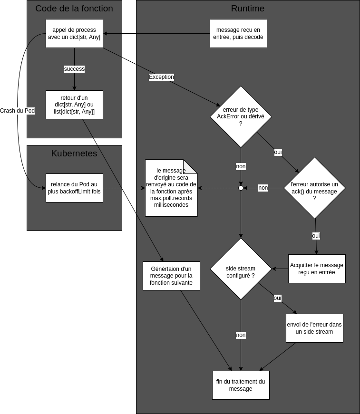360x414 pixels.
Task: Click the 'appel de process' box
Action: click(74, 34)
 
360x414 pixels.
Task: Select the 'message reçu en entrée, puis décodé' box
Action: click(239, 34)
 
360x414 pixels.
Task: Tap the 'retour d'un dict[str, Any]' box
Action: click(74, 105)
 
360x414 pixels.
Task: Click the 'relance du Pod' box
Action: click(74, 188)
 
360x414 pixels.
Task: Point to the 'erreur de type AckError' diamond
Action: click(241, 116)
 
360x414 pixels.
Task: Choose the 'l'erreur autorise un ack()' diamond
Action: click(314, 188)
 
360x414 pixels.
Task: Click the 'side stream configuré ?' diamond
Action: click(241, 269)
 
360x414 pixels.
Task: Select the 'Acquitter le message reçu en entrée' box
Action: click(317, 269)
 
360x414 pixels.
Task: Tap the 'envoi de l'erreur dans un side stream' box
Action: click(314, 328)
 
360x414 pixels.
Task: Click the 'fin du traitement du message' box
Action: click(241, 385)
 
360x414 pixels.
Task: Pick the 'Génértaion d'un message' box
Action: click(171, 276)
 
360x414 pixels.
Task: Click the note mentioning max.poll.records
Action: click(171, 188)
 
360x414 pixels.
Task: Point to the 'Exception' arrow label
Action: click(161, 77)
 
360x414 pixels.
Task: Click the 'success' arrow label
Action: click(74, 69)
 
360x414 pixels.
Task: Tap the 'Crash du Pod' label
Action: click(17, 111)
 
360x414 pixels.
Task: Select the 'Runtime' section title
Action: click(248, 9)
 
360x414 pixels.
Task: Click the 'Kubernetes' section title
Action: click(74, 154)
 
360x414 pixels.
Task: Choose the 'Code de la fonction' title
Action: click(74, 9)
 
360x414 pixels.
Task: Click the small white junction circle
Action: click(241, 188)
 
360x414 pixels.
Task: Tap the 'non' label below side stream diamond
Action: click(241, 335)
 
